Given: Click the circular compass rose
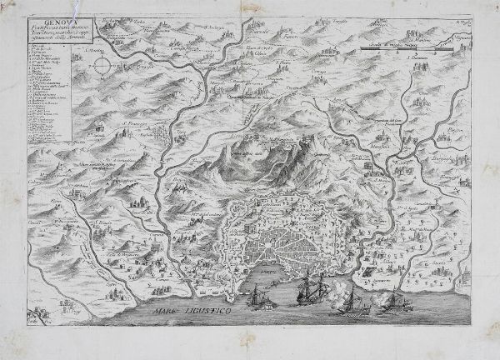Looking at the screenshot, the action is pyautogui.click(x=97, y=62).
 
